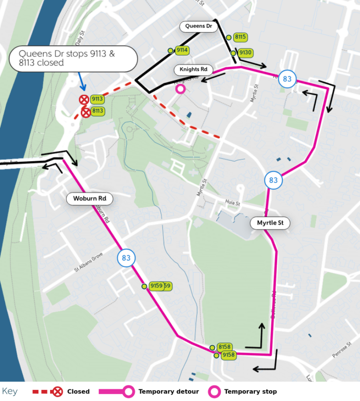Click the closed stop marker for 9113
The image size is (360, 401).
tap(84, 100)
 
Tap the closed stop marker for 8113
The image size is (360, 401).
tap(86, 112)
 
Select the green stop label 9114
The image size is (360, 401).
tap(182, 50)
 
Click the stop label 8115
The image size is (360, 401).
tap(240, 37)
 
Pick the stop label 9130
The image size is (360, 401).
tap(245, 53)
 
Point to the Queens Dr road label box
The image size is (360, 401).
tap(198, 27)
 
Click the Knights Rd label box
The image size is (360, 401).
tap(193, 69)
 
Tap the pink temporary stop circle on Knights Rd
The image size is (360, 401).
tap(180, 89)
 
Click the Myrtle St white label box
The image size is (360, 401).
tap(270, 223)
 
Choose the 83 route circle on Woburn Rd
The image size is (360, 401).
tap(126, 258)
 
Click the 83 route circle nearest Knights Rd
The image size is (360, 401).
tap(287, 79)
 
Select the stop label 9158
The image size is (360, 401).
tap(228, 355)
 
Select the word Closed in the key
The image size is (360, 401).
tap(78, 391)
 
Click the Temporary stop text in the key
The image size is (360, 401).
tap(250, 391)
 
